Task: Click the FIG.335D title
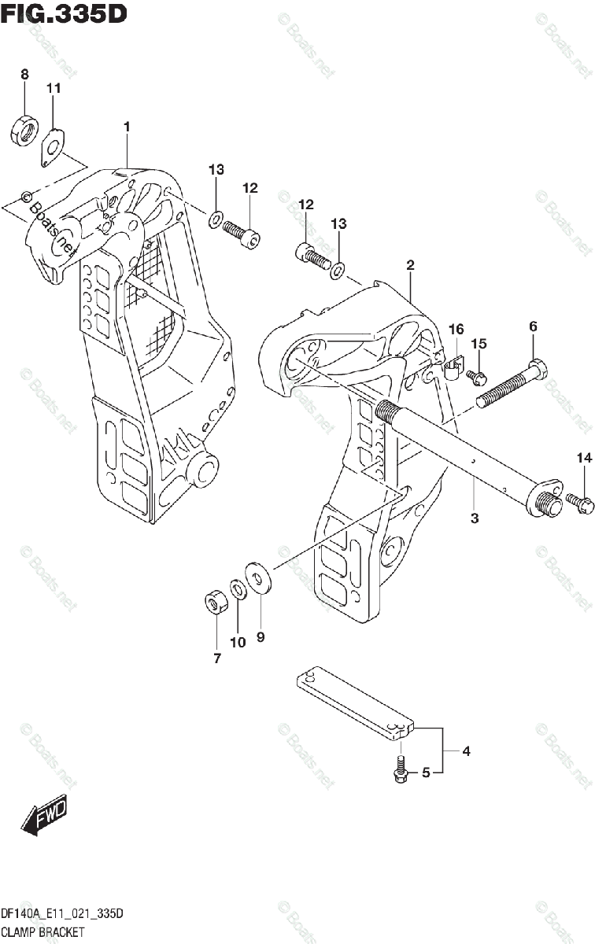point(64,13)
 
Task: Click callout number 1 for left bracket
point(126,127)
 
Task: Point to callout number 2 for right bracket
point(410,266)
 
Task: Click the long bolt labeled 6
point(511,385)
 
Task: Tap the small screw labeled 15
point(477,378)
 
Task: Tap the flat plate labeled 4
point(353,701)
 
